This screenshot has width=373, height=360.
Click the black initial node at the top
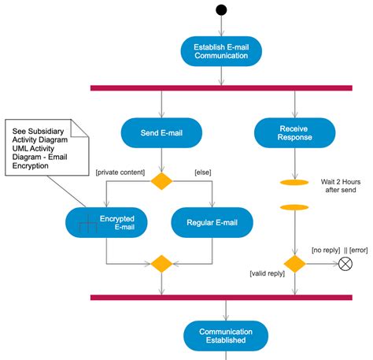pos(221,10)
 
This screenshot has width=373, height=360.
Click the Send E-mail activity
pos(161,132)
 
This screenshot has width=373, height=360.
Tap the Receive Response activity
pos(295,132)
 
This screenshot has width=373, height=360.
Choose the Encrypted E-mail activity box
pos(105,223)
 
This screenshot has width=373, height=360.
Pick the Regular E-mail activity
pos(212,223)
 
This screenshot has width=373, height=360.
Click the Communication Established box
pos(221,336)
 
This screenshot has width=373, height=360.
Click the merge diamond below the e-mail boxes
pos(161,263)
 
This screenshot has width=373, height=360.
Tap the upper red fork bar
pos(221,87)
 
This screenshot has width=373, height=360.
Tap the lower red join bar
pos(221,297)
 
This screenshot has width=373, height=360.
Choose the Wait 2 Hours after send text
pos(342,187)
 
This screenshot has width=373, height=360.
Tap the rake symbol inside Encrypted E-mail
pos(87,225)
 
